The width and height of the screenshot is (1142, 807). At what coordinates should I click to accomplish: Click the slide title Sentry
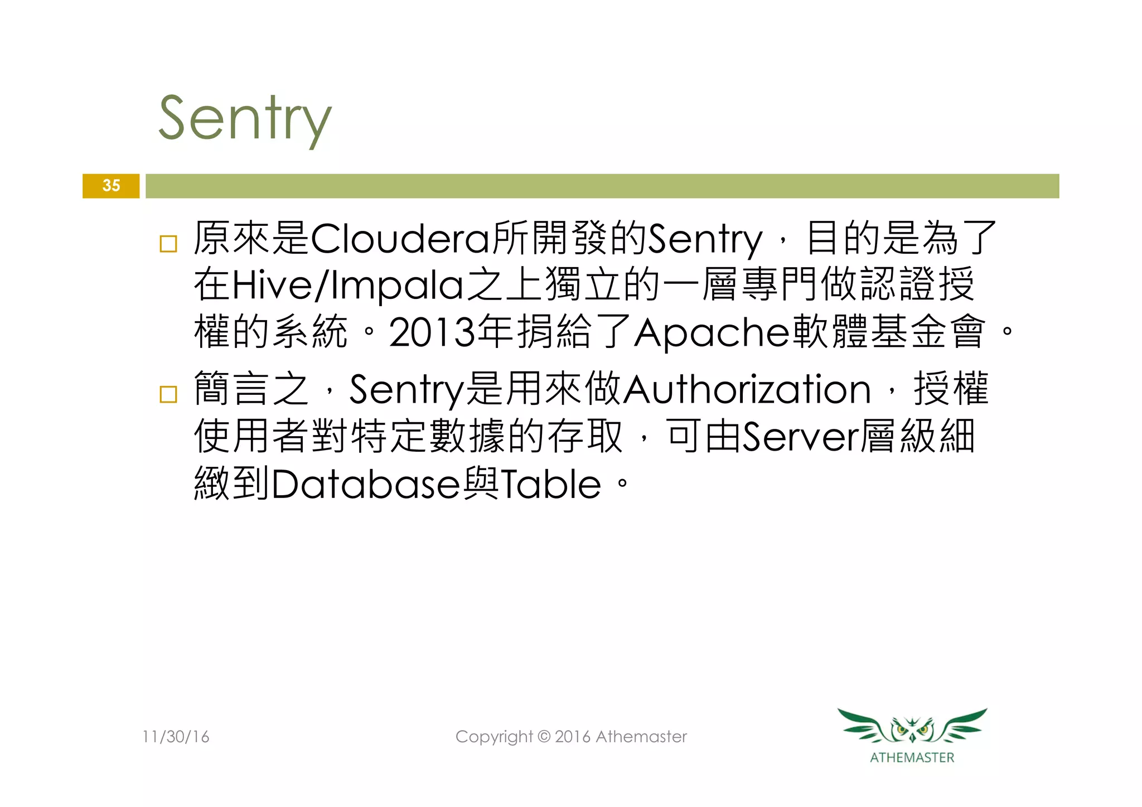pyautogui.click(x=245, y=119)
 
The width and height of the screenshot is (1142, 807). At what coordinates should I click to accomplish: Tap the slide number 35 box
pyautogui.click(x=111, y=186)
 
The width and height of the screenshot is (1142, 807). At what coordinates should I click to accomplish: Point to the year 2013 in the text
pyautogui.click(x=432, y=333)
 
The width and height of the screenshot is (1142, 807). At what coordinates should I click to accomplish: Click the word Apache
pyautogui.click(x=712, y=333)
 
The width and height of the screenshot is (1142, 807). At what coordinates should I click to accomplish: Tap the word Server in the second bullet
pyautogui.click(x=800, y=437)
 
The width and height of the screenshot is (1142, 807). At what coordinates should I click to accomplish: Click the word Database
pyautogui.click(x=366, y=484)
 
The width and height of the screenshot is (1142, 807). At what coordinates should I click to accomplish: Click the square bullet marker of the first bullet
pyautogui.click(x=168, y=244)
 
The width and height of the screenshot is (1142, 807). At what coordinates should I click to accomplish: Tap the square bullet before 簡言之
pyautogui.click(x=168, y=394)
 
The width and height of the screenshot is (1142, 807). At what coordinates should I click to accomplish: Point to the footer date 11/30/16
pyautogui.click(x=176, y=737)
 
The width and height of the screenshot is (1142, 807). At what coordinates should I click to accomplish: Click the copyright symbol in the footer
pyautogui.click(x=544, y=737)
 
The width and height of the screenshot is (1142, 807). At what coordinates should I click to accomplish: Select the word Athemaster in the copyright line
pyautogui.click(x=641, y=737)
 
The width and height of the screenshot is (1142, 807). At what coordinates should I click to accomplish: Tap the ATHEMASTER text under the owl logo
pyautogui.click(x=912, y=757)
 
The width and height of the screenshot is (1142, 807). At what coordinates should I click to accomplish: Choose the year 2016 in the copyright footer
pyautogui.click(x=573, y=737)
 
